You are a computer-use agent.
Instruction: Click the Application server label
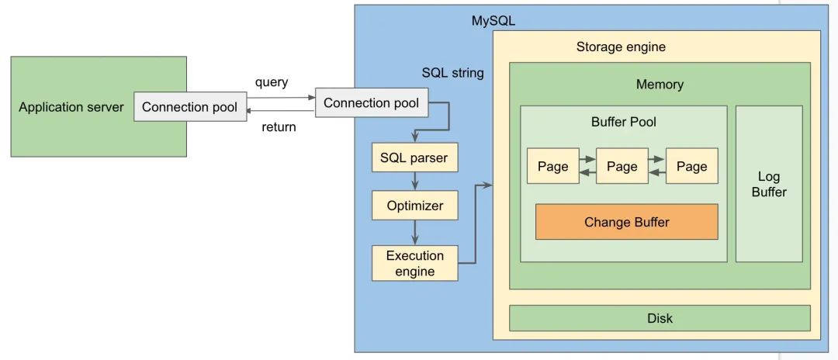71,107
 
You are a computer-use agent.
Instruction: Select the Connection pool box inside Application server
190,107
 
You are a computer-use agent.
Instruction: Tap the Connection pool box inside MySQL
371,102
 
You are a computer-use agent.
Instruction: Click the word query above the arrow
272,82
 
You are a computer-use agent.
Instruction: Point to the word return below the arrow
278,126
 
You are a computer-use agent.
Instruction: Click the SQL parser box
414,157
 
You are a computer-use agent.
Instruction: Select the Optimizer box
415,206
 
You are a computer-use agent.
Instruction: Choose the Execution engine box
415,264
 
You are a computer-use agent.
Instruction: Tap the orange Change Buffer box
626,222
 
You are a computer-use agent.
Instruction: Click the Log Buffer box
768,184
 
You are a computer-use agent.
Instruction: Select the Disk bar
660,318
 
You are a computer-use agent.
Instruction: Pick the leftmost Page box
552,166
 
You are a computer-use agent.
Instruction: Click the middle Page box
622,166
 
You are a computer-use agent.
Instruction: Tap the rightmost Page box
691,166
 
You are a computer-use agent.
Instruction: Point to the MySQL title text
493,21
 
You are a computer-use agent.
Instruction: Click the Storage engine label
621,47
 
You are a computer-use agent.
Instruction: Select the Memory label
660,85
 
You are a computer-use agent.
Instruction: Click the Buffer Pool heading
623,122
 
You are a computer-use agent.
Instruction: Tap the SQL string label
452,73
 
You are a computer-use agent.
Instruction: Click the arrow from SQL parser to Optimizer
416,182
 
